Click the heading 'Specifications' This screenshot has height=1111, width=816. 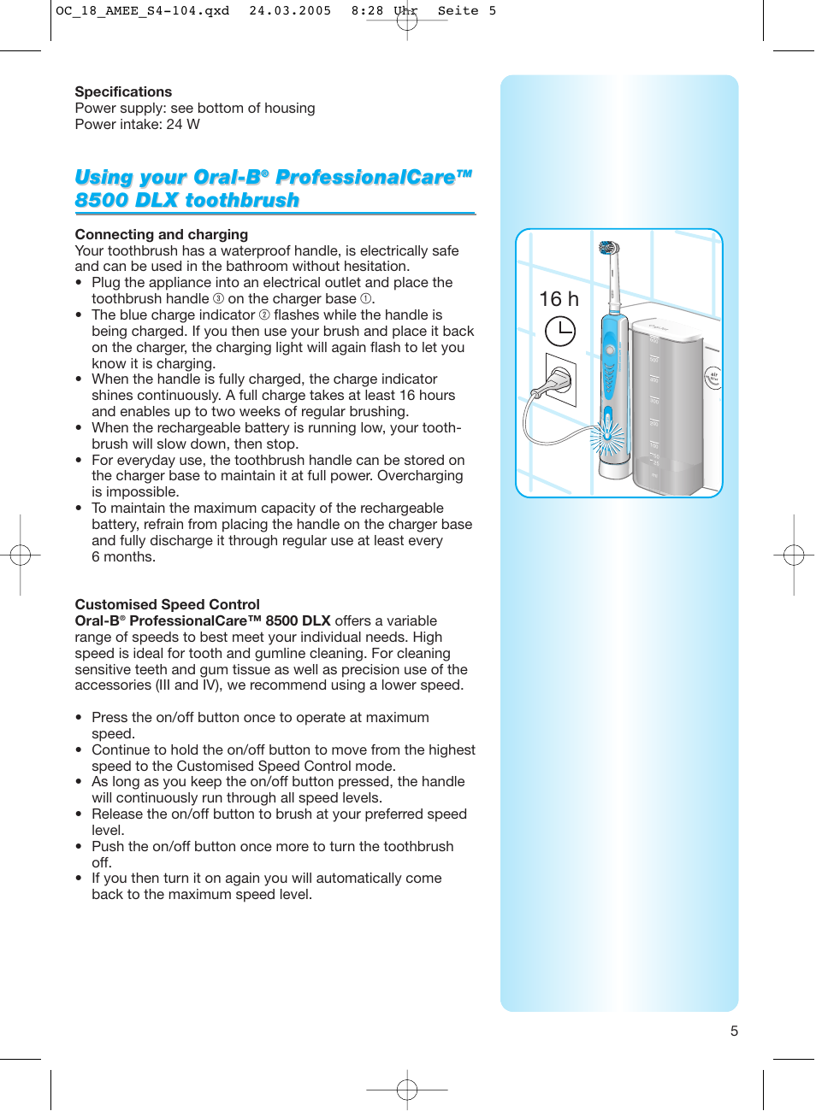(x=123, y=91)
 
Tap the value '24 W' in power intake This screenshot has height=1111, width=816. (x=183, y=124)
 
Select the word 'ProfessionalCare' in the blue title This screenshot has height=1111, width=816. (x=366, y=177)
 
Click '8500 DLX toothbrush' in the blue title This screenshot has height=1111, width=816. (x=186, y=200)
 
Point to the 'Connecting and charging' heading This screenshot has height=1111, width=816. (x=161, y=234)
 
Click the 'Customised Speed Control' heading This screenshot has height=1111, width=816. (x=167, y=604)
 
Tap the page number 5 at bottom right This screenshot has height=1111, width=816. (x=734, y=1031)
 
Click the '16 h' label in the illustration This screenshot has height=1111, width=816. (x=559, y=299)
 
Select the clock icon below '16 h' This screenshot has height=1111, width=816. (x=560, y=331)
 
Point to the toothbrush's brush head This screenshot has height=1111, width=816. (x=608, y=249)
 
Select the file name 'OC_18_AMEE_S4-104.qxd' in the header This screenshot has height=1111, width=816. (x=142, y=11)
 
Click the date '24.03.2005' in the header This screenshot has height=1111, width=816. (x=290, y=11)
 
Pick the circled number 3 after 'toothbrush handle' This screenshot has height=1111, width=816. (x=218, y=299)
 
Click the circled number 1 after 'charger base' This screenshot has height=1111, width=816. (x=365, y=299)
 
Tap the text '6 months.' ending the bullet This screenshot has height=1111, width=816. (x=123, y=557)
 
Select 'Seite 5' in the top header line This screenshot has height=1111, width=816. (x=466, y=11)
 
